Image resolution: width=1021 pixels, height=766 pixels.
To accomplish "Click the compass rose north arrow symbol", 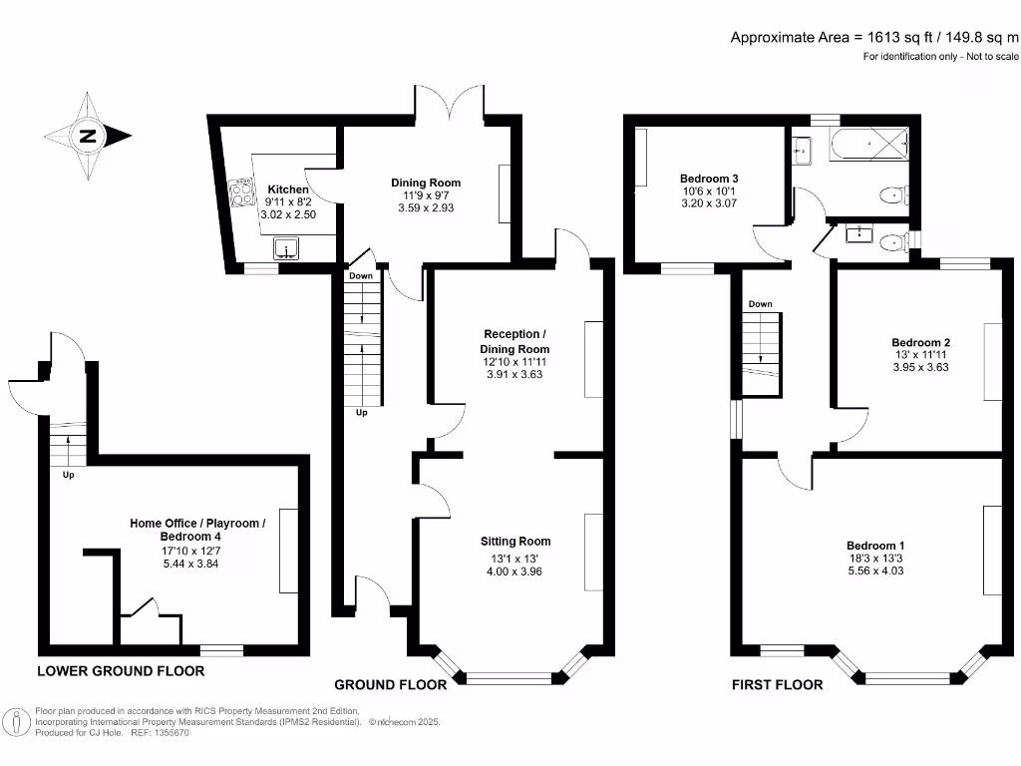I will point(88,137).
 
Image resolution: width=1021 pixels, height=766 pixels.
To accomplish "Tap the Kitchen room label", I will point(288,189).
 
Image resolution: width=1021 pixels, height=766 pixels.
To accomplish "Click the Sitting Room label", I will point(514,542).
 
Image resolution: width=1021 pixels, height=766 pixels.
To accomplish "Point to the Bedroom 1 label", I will point(875,546).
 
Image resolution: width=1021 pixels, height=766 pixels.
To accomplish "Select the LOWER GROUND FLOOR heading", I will point(121,671).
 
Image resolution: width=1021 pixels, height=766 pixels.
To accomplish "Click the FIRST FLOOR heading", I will point(778,685).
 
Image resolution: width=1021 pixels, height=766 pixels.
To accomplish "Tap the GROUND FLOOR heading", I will point(390,685).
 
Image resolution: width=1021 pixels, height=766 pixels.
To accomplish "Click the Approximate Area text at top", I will point(874,37).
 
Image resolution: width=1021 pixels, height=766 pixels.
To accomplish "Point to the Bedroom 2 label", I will point(915,342).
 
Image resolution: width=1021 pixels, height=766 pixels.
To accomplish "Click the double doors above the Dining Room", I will point(445,105).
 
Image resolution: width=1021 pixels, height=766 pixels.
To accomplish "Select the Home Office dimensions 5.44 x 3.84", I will point(197,563).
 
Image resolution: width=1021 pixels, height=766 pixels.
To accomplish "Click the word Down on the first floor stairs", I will point(761,304).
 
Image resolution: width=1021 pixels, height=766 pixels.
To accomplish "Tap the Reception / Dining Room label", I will point(516,341).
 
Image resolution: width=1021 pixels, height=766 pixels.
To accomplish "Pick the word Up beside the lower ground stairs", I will point(69,475).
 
